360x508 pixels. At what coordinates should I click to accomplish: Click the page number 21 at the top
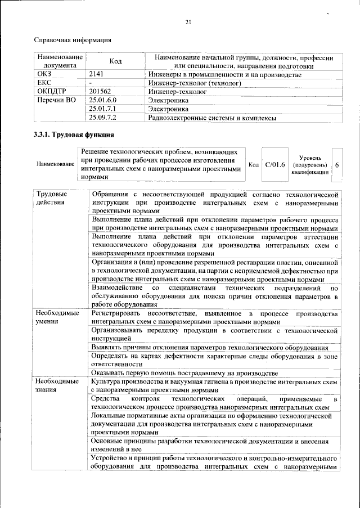tap(188, 22)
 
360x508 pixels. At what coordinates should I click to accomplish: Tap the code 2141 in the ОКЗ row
tap(97, 75)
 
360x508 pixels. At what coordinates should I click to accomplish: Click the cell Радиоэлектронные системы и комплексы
tap(212, 118)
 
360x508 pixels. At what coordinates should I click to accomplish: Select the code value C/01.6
tap(275, 164)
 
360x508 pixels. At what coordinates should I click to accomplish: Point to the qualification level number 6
tap(336, 165)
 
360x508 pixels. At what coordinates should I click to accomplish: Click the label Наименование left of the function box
tap(56, 164)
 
